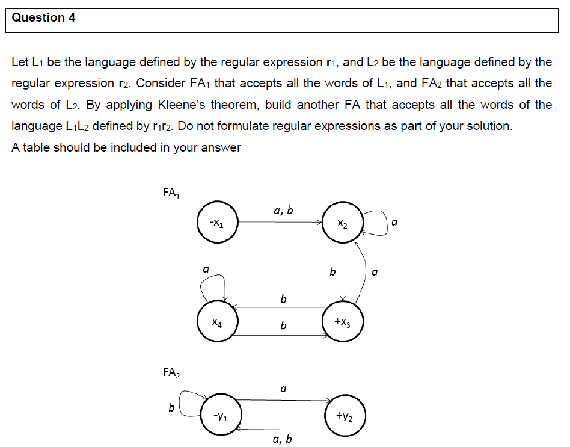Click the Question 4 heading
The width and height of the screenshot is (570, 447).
[x=44, y=18]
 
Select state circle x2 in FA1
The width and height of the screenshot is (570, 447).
[x=342, y=223]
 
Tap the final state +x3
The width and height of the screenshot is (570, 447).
[x=342, y=322]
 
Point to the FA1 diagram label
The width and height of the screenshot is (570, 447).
[x=171, y=194]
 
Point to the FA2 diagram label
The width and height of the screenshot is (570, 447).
[x=171, y=372]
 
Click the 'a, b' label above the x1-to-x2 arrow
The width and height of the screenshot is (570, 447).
[x=283, y=210]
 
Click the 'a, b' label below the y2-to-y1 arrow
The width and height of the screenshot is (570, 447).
[x=283, y=439]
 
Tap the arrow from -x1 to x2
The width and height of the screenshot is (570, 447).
[x=280, y=223]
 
